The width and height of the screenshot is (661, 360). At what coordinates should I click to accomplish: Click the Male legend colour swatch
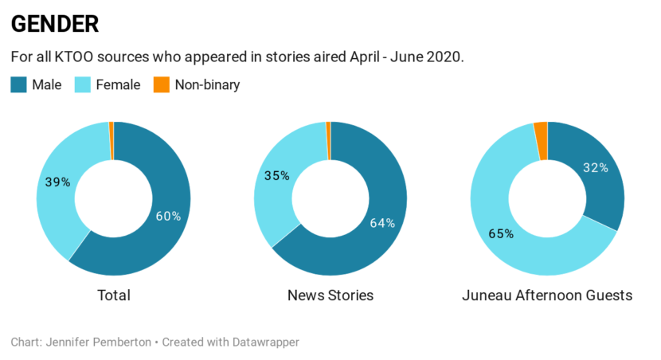19,84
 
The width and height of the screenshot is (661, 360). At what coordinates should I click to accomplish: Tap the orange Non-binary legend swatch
162,84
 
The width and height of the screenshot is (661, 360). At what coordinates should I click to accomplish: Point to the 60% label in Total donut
169,216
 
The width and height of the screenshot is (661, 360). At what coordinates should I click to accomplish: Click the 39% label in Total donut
58,182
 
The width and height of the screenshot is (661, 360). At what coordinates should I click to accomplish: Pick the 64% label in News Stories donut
382,223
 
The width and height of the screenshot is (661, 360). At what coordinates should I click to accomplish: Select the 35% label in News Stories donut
276,176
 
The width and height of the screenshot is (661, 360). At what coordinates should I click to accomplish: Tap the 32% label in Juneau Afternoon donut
596,168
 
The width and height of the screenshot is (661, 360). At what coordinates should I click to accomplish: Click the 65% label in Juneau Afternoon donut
501,234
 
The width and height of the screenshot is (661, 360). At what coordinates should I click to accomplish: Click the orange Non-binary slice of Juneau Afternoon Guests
541,141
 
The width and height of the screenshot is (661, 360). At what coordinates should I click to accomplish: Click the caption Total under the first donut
113,295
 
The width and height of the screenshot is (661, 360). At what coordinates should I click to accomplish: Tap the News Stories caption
330,295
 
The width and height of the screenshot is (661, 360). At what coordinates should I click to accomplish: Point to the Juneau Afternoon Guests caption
547,295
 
